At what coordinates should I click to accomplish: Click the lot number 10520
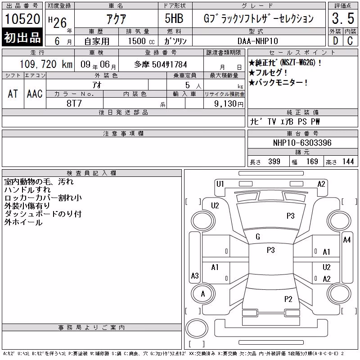click(22, 18)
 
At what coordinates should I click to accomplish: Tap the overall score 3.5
click(343, 18)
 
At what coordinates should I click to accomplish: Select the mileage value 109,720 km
click(46, 64)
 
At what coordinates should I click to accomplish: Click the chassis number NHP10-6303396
click(302, 143)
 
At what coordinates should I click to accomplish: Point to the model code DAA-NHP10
click(257, 41)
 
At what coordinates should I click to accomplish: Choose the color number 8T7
click(74, 103)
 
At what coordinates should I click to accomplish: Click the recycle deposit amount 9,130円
click(229, 103)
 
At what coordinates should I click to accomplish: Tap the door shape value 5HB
click(174, 18)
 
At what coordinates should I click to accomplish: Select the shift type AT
click(13, 94)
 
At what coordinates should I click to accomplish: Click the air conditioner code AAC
click(35, 94)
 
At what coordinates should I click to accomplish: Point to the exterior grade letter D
click(335, 41)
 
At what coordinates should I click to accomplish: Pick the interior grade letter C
click(350, 41)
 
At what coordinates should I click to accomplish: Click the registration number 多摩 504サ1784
click(161, 64)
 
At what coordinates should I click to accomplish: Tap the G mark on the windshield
click(258, 237)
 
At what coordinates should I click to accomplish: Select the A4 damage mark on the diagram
click(346, 240)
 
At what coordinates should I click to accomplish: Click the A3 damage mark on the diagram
click(195, 275)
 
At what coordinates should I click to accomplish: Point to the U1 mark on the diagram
click(220, 184)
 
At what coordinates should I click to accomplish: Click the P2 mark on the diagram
click(288, 299)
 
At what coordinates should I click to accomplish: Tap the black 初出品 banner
click(22, 37)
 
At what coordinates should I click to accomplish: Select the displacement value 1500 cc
click(141, 41)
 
